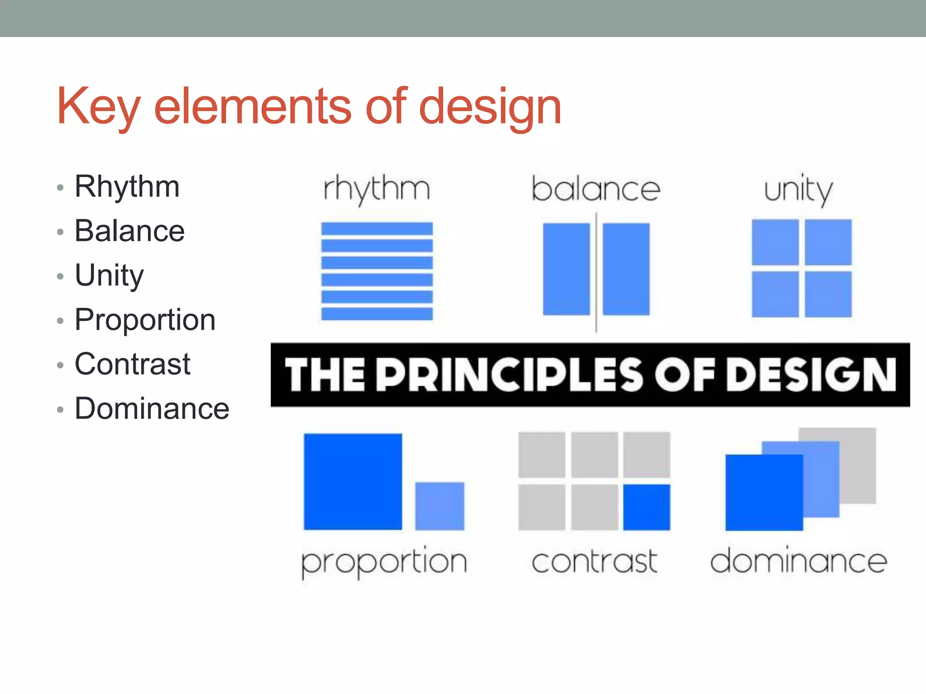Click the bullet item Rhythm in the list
(127, 187)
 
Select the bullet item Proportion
(145, 320)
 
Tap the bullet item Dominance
(152, 408)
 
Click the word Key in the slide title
(98, 107)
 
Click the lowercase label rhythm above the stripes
(377, 189)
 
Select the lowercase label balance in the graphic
(595, 189)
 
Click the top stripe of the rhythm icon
(377, 229)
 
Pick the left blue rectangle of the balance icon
(566, 269)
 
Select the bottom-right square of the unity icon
(828, 294)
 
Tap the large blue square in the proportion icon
(353, 481)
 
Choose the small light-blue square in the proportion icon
(439, 506)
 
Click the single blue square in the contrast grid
(647, 507)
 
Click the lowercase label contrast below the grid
(594, 562)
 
